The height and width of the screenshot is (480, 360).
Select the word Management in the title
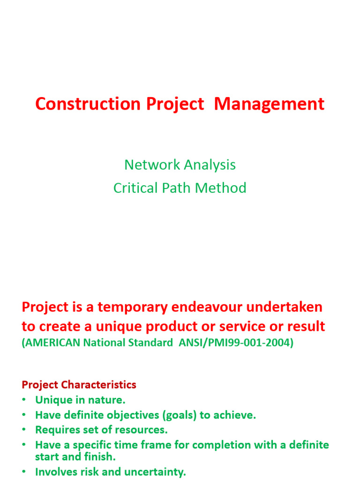(x=269, y=104)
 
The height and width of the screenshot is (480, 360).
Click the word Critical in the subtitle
(x=135, y=188)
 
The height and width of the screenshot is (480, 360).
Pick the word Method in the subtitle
(x=221, y=188)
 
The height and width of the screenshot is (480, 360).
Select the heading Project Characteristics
(x=79, y=385)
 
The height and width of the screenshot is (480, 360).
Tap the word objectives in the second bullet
(x=130, y=415)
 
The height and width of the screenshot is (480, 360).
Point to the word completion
(x=221, y=444)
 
